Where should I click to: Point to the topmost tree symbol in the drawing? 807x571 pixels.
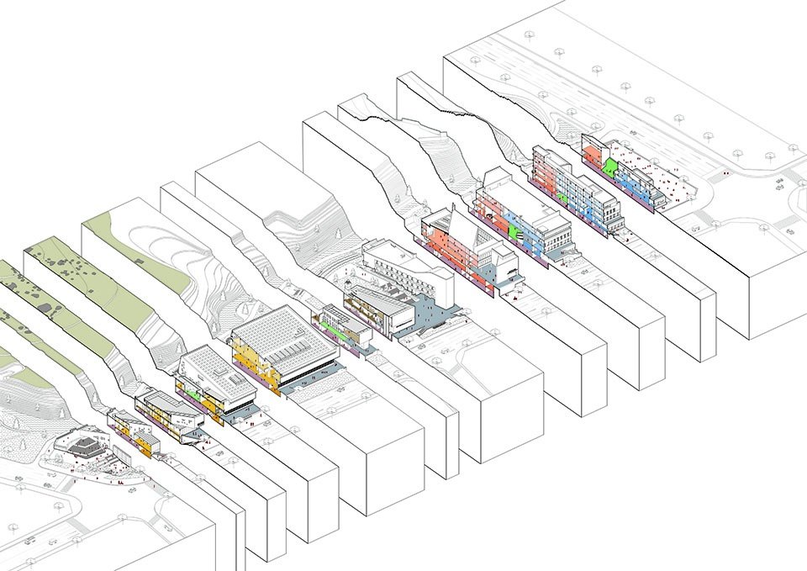(x=530, y=35)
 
